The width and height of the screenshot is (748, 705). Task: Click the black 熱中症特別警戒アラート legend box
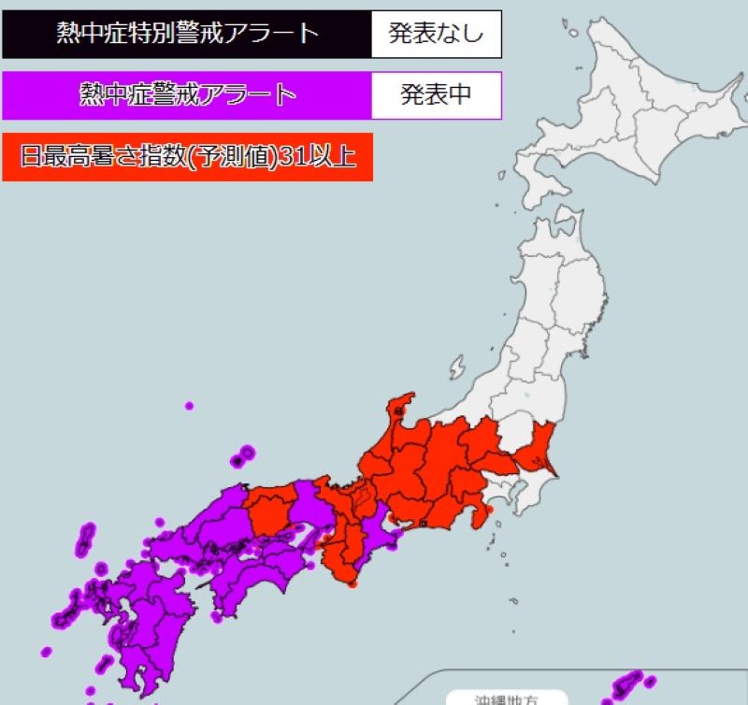click(x=186, y=35)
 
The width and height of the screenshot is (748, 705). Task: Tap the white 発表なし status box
click(x=436, y=35)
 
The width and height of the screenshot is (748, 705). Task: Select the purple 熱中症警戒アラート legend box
click(x=187, y=95)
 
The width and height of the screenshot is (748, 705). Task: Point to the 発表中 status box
click(x=436, y=95)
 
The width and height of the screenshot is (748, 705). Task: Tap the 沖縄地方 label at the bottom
click(x=506, y=698)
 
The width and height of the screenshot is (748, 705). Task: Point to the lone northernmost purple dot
click(x=189, y=406)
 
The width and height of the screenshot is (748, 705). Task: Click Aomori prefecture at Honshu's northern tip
click(x=557, y=239)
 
